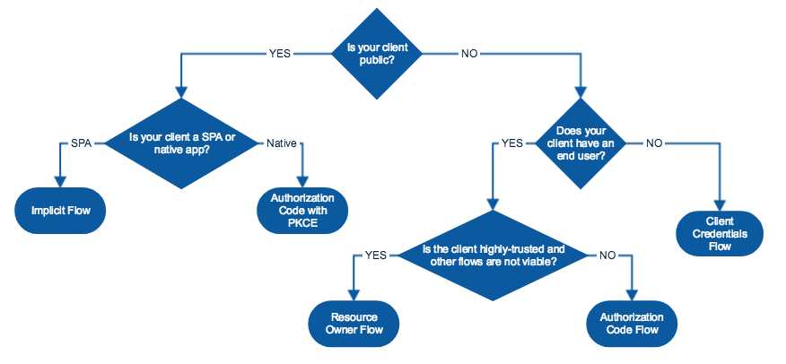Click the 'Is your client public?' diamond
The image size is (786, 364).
tap(377, 53)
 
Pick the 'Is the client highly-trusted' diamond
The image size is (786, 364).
tap(493, 255)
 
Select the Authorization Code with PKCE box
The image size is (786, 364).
tap(301, 210)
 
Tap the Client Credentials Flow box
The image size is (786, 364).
tap(720, 233)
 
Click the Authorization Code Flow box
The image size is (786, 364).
tap(633, 324)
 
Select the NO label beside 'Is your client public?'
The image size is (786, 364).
tap(469, 53)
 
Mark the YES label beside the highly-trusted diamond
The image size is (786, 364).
tap(375, 255)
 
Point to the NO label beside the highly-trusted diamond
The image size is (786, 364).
tap(607, 255)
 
